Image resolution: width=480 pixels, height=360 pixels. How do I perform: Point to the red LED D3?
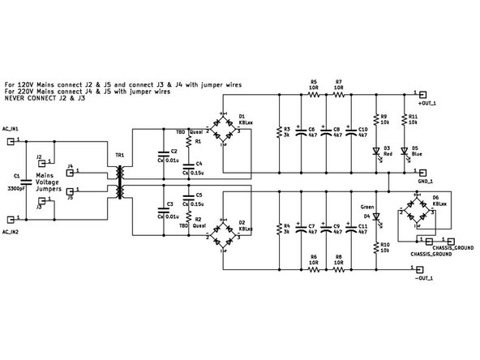375,151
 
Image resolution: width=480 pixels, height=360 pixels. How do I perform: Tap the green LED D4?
375,217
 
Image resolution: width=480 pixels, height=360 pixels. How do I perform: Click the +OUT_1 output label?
427,104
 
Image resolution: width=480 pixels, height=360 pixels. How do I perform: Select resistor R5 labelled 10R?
314,95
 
